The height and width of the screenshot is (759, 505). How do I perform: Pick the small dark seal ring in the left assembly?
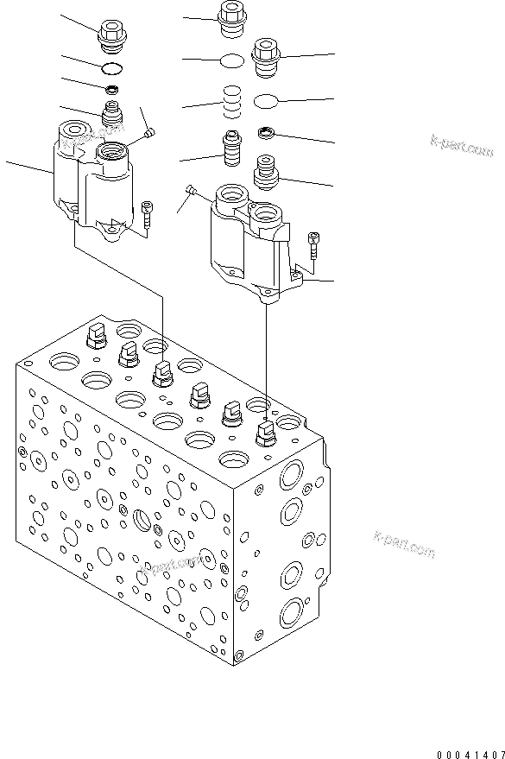111,89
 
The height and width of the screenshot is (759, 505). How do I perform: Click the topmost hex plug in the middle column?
230,19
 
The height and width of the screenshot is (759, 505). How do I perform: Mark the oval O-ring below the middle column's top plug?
230,60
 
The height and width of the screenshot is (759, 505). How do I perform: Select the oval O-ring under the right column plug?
267,102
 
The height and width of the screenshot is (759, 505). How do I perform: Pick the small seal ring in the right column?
267,133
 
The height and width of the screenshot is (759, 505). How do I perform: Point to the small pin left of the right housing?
193,189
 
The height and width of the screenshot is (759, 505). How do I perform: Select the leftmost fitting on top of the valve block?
95,335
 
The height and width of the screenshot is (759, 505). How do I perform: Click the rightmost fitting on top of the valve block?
266,432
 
